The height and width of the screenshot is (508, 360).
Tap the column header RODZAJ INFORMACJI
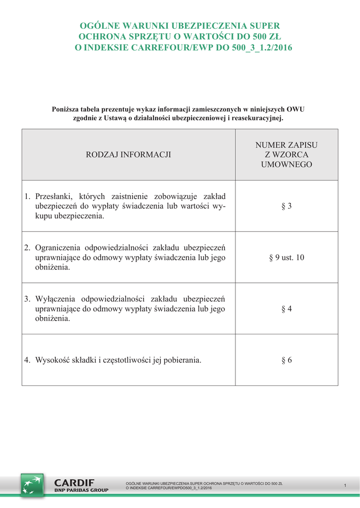[x=129, y=155]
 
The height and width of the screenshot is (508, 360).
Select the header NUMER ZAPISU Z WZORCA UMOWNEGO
[x=287, y=155]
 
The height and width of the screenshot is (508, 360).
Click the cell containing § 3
[x=287, y=206]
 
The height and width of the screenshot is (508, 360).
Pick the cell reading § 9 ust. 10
[x=287, y=257]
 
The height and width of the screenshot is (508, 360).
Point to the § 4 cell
[x=287, y=309]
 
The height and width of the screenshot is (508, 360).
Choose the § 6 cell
[x=287, y=360]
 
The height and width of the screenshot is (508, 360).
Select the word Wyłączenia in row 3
[x=55, y=299]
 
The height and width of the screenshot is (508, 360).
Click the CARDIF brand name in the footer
[x=74, y=482]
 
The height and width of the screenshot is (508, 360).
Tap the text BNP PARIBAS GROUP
[x=81, y=490]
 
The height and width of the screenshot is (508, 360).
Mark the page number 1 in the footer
[x=345, y=485]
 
